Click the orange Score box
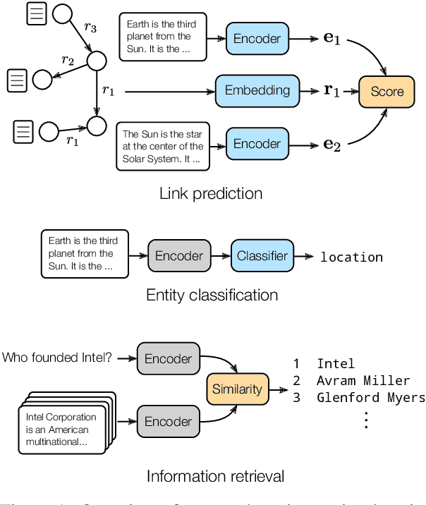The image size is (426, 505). pyautogui.click(x=387, y=91)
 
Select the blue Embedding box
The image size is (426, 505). pyautogui.click(x=257, y=90)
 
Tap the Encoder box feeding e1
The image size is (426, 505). pyautogui.click(x=257, y=38)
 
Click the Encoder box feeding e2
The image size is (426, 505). pyautogui.click(x=257, y=143)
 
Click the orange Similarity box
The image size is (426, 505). pyautogui.click(x=237, y=389)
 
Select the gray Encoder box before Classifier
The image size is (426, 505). pyautogui.click(x=179, y=257)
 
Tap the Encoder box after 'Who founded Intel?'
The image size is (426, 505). pyautogui.click(x=168, y=358)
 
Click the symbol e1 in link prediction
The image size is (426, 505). pyautogui.click(x=331, y=39)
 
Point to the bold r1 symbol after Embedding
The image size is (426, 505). pyautogui.click(x=331, y=91)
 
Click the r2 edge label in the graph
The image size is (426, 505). pyautogui.click(x=68, y=60)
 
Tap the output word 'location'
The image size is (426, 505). pyautogui.click(x=351, y=257)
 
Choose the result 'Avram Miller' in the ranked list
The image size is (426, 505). pyautogui.click(x=363, y=381)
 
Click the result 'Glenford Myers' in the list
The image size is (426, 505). pyautogui.click(x=371, y=398)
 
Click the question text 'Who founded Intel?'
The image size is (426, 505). pyautogui.click(x=57, y=358)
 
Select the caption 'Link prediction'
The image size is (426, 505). pyautogui.click(x=211, y=193)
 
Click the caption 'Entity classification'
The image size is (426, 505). pyautogui.click(x=212, y=295)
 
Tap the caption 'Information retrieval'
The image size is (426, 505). pyautogui.click(x=215, y=477)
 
